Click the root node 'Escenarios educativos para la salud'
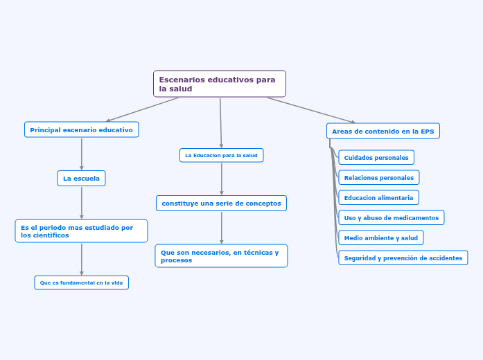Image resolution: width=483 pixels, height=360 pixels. pyautogui.click(x=219, y=84)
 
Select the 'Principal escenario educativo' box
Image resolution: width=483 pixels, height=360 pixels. pyautogui.click(x=82, y=129)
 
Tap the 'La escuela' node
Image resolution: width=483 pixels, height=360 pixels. pyautogui.click(x=81, y=179)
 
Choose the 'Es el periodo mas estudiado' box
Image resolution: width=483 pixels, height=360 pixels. pyautogui.click(x=81, y=231)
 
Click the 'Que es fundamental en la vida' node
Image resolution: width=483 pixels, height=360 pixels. pyautogui.click(x=81, y=282)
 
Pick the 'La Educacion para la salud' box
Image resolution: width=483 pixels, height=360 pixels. pyautogui.click(x=221, y=155)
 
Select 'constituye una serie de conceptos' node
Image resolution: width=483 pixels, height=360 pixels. pyautogui.click(x=221, y=203)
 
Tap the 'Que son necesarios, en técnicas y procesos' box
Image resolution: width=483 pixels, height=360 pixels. pyautogui.click(x=221, y=256)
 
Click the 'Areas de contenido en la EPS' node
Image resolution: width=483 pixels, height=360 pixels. pyautogui.click(x=383, y=131)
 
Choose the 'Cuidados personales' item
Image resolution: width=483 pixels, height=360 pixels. pyautogui.click(x=376, y=158)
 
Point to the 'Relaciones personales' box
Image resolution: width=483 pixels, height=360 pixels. pyautogui.click(x=378, y=178)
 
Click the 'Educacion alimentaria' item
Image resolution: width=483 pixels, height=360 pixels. pyautogui.click(x=378, y=198)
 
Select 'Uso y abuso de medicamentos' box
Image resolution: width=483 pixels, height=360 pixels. pyautogui.click(x=391, y=218)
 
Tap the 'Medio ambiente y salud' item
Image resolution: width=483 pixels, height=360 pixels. pyautogui.click(x=380, y=238)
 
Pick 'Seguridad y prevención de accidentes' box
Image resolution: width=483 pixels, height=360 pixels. pyautogui.click(x=403, y=258)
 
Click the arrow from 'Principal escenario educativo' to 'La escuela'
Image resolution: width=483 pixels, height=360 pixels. pyautogui.click(x=82, y=154)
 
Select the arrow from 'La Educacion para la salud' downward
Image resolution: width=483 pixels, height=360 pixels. pyautogui.click(x=222, y=179)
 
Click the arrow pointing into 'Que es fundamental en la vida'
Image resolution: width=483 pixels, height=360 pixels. pyautogui.click(x=82, y=260)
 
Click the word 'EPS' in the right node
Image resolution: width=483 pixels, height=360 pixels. pyautogui.click(x=428, y=131)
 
